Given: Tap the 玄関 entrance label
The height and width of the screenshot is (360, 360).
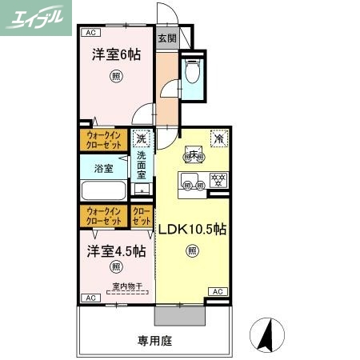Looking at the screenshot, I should coord(166,38).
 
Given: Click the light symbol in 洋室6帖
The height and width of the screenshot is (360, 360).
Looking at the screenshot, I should coord(116,78).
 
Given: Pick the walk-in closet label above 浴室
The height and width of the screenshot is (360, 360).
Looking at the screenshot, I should coord(103,141).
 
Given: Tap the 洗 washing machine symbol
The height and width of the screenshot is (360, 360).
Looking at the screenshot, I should coord(142,138).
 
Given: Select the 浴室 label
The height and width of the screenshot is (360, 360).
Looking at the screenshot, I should coord(102,169).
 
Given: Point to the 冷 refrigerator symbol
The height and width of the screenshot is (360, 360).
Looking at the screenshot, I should coord(218,138).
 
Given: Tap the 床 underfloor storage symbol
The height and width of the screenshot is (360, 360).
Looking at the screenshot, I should coord(193,154).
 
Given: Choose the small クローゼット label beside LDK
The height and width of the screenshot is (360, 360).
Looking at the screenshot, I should coord(142,216).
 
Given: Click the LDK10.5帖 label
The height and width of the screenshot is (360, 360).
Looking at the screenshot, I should coord(192,229).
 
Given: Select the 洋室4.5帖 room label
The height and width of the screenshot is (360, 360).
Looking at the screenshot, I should coord(116,250).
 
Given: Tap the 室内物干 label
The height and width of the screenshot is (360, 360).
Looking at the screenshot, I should coord(126,286).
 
